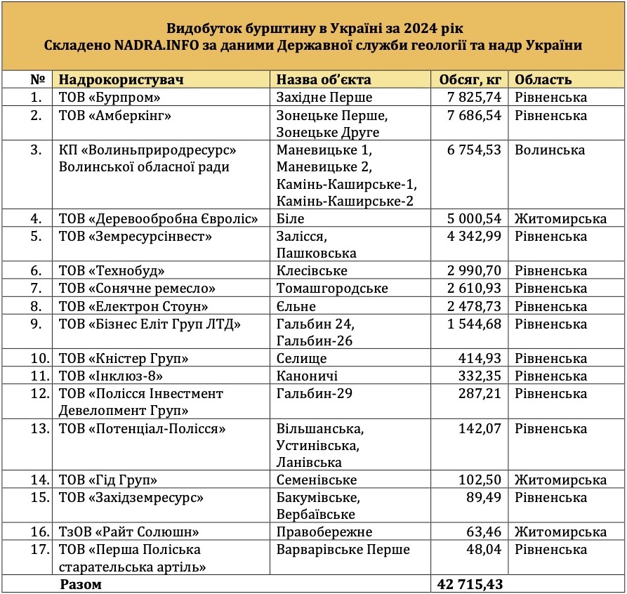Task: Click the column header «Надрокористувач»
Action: [121, 80]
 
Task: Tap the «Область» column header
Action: [543, 80]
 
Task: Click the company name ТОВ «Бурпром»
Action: [110, 98]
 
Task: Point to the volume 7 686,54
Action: [475, 115]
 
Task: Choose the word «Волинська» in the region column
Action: [548, 150]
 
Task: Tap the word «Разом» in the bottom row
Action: [81, 584]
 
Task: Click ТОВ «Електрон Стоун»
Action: [133, 306]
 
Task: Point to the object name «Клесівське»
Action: [312, 271]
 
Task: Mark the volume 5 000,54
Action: [475, 219]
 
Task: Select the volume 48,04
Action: [485, 549]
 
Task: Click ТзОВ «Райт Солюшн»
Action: [128, 532]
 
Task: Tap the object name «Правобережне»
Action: [324, 532]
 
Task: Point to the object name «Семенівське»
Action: [317, 480]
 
